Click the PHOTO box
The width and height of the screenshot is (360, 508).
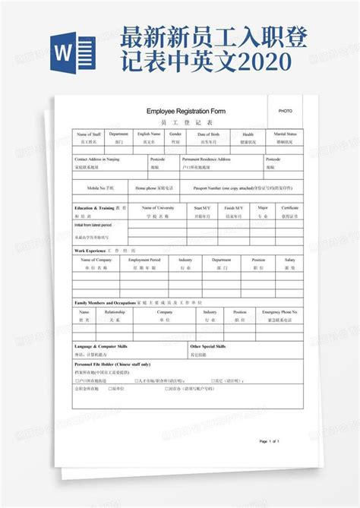pos(285,111)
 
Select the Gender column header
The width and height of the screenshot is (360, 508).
pos(175,134)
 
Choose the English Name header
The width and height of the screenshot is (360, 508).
pos(148,134)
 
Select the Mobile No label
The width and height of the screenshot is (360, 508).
pos(99,187)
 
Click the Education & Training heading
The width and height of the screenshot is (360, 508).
pos(95,207)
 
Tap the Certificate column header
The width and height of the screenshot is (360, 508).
pos(289,207)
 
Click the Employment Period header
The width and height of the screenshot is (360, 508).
pos(144,260)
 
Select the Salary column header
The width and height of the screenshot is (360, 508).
pos(289,260)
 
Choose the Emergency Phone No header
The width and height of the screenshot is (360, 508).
pos(279,311)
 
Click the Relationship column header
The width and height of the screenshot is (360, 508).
pos(115,311)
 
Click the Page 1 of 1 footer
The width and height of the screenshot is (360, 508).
pos(270,441)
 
